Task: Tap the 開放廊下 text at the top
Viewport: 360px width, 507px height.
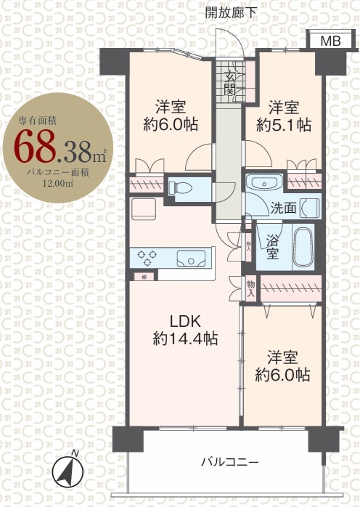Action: [231, 12]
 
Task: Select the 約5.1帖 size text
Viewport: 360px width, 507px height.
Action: [284, 124]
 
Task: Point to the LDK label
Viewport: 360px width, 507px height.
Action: [185, 321]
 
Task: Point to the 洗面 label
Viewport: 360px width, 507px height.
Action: [284, 208]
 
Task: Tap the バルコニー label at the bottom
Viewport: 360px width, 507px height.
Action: [229, 462]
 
